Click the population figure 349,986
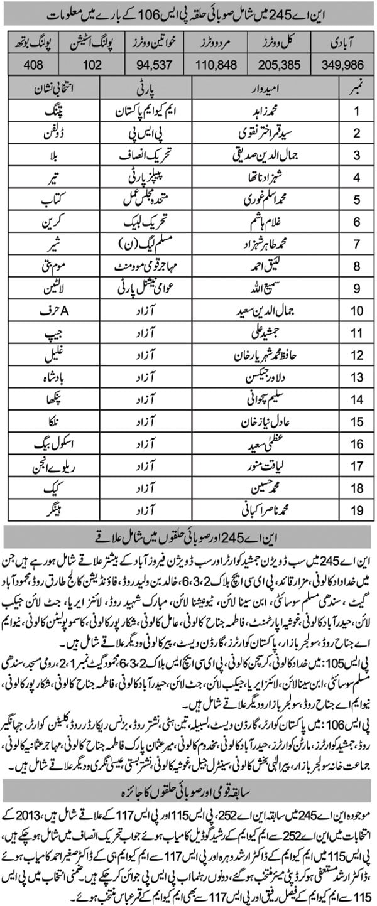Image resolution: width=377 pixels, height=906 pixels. (x=344, y=64)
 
